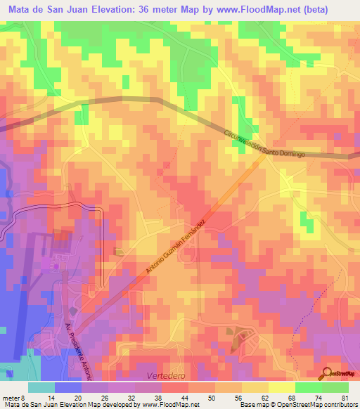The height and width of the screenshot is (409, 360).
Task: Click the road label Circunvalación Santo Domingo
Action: pos(265,143)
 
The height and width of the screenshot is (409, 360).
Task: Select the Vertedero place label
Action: pos(165,376)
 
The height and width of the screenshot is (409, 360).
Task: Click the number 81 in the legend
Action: pos(345,397)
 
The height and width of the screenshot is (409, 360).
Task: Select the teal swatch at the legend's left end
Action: pos(41,387)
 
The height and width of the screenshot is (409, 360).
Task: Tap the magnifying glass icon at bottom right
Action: pos(328,374)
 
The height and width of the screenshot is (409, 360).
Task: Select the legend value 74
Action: pos(318,397)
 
